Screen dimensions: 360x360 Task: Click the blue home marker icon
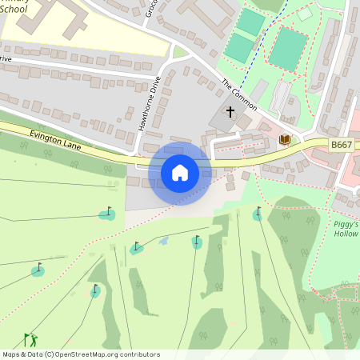point(179,172)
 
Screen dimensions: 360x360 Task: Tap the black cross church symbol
point(230,111)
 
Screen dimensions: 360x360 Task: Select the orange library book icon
point(283,140)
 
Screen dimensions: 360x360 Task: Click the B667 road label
point(342,145)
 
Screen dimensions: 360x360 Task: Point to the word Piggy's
point(346,225)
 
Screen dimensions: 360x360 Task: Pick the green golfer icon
point(30,340)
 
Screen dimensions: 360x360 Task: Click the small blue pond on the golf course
point(163,240)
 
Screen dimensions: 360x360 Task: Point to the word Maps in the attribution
point(12,354)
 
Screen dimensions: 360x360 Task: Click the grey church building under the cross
point(223,120)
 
